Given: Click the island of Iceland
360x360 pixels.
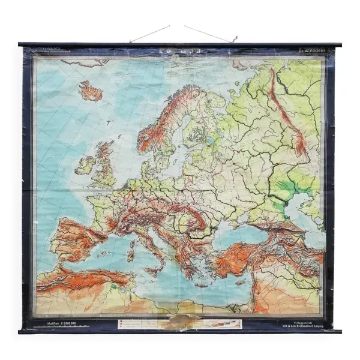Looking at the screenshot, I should tap(90, 91).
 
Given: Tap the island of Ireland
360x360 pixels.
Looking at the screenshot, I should tap(85, 163).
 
